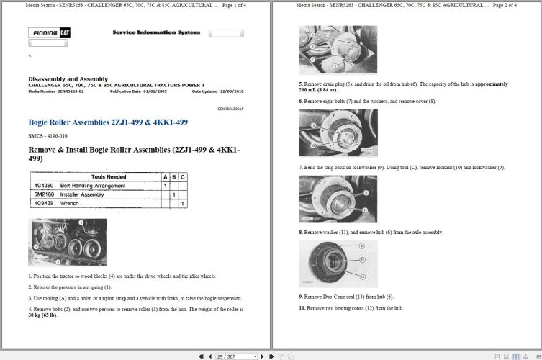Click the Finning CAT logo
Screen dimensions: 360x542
pos(49,33)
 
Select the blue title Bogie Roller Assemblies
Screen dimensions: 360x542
pos(107,122)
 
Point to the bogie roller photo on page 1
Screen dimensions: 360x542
pos(67,243)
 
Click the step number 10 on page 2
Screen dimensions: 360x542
pos(302,308)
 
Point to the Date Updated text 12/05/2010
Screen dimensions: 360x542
pos(219,91)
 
